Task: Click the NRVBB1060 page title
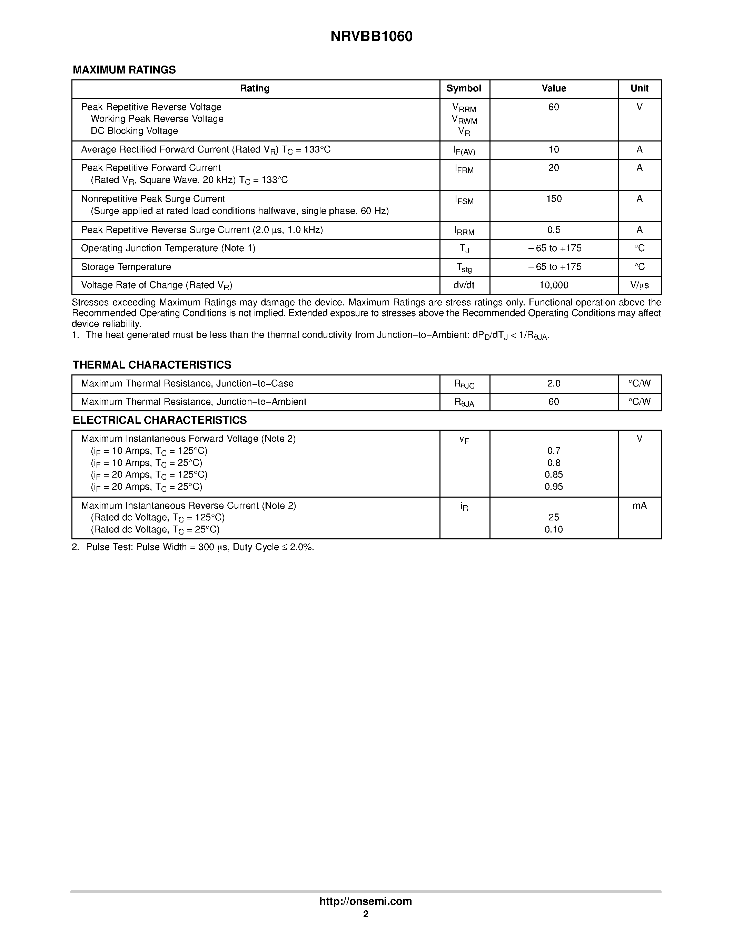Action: point(371,37)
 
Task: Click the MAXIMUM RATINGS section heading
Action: point(124,70)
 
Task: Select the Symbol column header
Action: point(464,89)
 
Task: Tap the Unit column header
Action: point(639,89)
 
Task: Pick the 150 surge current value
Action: point(554,199)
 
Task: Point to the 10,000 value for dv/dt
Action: point(554,285)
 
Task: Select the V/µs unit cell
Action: point(639,285)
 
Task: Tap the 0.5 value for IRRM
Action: point(554,230)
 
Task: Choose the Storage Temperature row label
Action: point(126,267)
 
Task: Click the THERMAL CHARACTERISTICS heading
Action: point(152,365)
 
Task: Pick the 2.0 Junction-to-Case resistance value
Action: point(554,384)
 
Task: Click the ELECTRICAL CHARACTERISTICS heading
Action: point(160,420)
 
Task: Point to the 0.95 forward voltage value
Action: point(554,487)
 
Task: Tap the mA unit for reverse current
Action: point(639,505)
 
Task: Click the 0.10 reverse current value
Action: point(554,529)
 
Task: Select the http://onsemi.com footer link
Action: point(366,901)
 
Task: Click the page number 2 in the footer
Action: point(366,914)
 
